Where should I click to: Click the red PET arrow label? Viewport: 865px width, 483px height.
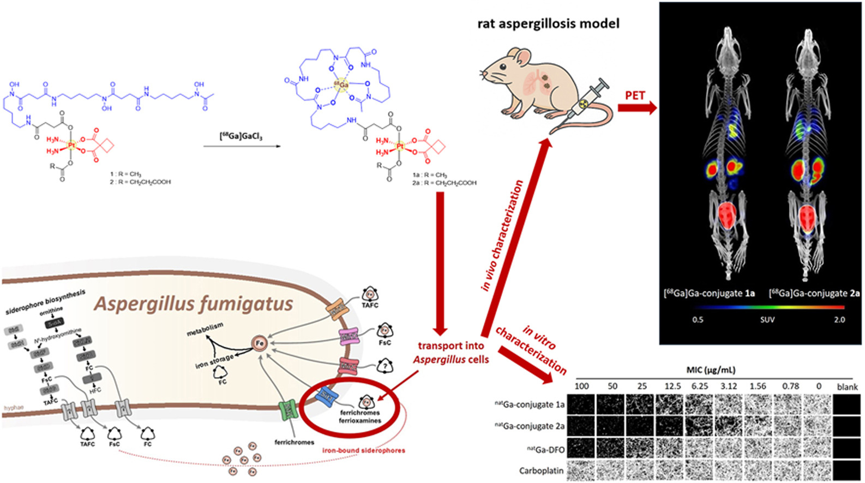635,95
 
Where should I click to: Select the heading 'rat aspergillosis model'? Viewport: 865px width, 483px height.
548,23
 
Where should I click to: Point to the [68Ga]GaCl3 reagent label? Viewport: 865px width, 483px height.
241,136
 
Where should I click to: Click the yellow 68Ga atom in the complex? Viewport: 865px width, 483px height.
342,86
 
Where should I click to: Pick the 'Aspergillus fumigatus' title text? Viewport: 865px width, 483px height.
194,304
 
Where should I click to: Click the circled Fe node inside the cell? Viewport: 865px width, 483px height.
259,343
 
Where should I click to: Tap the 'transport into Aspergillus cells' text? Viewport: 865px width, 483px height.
450,353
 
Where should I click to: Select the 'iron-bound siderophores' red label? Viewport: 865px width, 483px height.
363,450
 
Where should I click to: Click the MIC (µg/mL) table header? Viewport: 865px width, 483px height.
711,370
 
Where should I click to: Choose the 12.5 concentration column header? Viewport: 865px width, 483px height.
672,386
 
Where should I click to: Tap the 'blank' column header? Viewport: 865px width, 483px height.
847,387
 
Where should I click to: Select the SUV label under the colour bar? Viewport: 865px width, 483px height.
767,319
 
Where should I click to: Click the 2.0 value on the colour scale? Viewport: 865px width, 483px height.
839,319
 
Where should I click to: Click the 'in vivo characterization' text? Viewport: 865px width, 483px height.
502,236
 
